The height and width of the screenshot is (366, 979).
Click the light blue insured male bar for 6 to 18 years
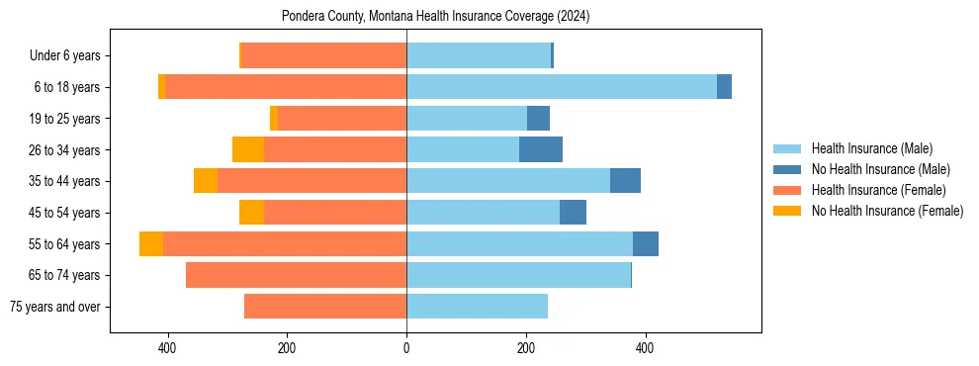pos(561,87)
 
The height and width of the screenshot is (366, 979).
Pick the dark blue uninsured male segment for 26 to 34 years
pos(540,149)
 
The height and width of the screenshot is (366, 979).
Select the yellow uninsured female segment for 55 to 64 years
pos(151,243)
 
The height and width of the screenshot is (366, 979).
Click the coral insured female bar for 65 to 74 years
pos(296,275)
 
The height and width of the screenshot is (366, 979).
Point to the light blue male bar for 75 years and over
pos(477,307)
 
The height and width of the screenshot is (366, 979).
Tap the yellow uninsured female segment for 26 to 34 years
pos(248,149)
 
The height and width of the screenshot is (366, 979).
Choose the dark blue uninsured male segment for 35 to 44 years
pos(625,181)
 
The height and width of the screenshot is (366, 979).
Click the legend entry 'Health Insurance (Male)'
pos(871,149)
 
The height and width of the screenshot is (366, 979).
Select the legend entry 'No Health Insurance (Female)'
pos(887,211)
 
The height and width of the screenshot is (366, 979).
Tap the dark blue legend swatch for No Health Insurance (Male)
pos(787,170)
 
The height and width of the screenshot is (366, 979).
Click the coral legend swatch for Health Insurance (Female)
pos(787,190)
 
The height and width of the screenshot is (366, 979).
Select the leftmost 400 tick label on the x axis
pos(167,348)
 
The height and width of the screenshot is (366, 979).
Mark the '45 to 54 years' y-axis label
pos(63,213)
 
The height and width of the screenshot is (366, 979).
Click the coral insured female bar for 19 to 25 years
pos(342,119)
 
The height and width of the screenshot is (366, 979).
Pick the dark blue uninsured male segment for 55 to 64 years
pos(646,243)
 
